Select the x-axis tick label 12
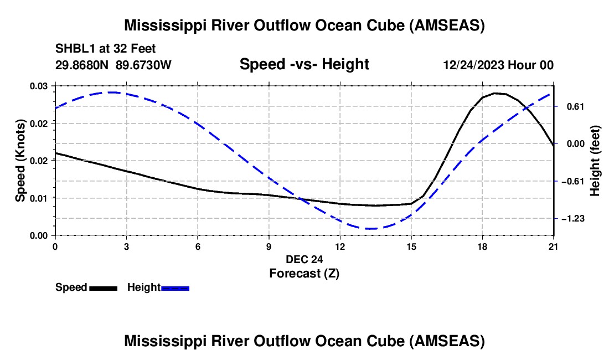340,246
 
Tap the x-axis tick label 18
482,246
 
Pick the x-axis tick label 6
198,246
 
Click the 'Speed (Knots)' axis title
20,161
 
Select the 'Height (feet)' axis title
595,161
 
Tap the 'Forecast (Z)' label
304,273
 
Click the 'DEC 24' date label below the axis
304,259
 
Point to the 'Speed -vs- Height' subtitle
304,64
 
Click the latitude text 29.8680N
82,65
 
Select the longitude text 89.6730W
144,65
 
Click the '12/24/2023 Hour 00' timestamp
498,65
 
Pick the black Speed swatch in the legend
103,287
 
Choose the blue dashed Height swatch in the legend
175,287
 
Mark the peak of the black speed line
497,93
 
